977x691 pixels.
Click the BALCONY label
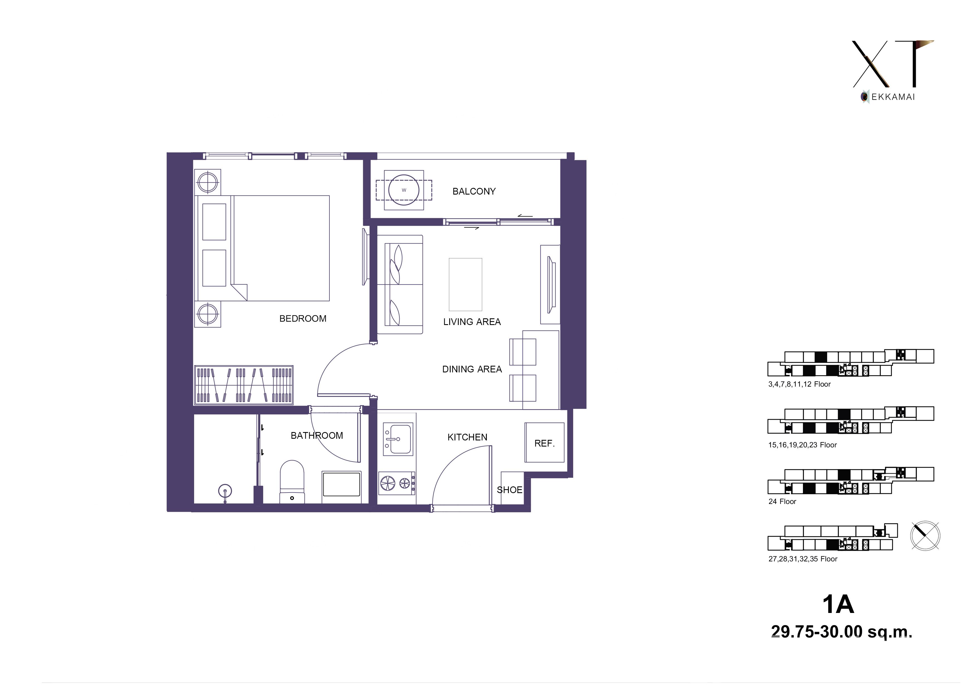coord(474,191)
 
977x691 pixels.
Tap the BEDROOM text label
coord(302,319)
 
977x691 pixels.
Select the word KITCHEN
coord(467,437)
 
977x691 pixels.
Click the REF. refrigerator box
coord(544,442)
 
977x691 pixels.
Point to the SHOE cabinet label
coord(509,490)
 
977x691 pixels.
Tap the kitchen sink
coord(398,438)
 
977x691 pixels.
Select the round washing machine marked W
coord(403,190)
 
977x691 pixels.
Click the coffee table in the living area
coord(465,284)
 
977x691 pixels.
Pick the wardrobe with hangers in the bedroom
coord(244,384)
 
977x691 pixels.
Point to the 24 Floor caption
coord(782,501)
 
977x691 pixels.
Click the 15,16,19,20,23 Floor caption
coord(803,445)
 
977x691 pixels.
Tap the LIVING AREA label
coord(472,322)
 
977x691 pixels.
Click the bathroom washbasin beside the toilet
coord(342,484)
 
